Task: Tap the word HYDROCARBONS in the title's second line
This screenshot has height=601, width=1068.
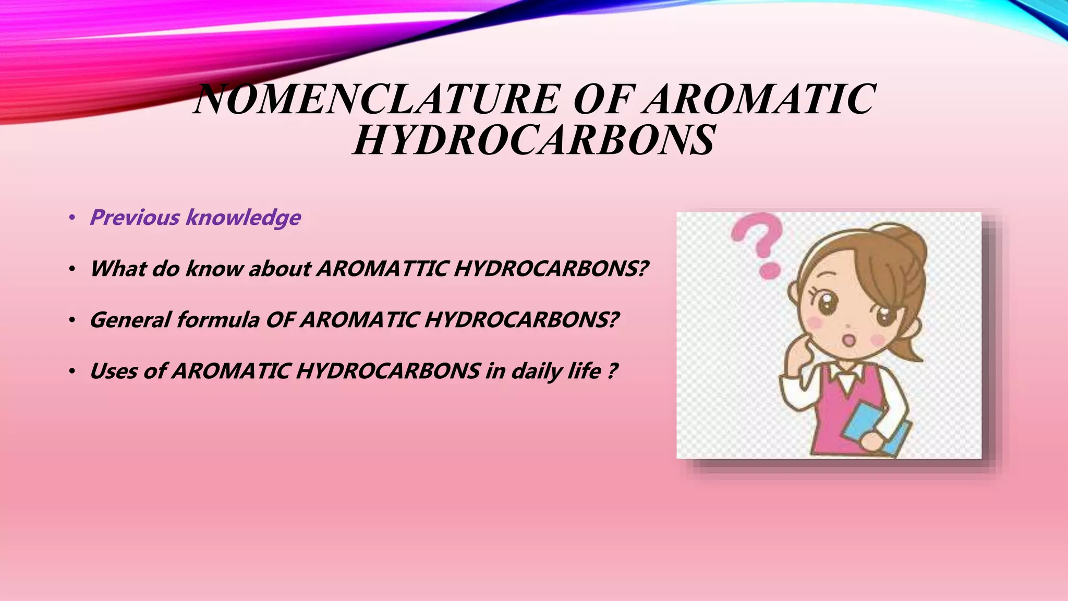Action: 534,140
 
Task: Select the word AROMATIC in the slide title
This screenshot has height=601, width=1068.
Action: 759,99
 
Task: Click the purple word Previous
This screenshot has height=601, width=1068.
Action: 135,218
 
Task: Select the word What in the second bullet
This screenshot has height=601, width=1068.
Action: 118,269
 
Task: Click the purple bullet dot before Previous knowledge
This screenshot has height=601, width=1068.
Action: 72,218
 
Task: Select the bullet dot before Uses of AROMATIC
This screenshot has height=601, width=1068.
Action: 72,371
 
